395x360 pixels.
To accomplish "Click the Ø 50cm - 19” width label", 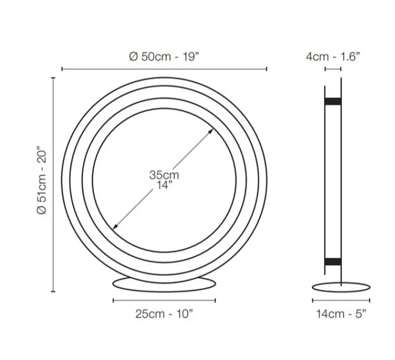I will [x=164, y=57].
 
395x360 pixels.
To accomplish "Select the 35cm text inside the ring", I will [x=164, y=175].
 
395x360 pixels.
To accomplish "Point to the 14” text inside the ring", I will [x=164, y=185].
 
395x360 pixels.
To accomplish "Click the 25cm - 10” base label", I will [x=164, y=314].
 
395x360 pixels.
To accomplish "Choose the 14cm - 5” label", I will [x=340, y=314].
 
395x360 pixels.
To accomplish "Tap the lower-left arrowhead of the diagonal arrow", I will [x=116, y=226].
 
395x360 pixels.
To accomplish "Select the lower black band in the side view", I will [x=333, y=262].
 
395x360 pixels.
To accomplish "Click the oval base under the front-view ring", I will [x=164, y=284].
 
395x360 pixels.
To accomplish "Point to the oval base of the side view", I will [x=340, y=287].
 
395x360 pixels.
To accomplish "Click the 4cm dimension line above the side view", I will [x=333, y=69].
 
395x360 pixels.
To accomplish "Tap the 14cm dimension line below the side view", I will [x=340, y=300].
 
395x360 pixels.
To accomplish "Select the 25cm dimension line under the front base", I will [x=164, y=300].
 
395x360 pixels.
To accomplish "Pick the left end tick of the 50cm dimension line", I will [x=62, y=69].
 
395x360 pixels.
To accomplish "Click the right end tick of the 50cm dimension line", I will [x=266, y=69].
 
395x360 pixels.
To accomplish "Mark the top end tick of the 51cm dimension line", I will [x=53, y=78].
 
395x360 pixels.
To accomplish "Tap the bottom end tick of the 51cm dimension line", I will [x=53, y=292].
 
